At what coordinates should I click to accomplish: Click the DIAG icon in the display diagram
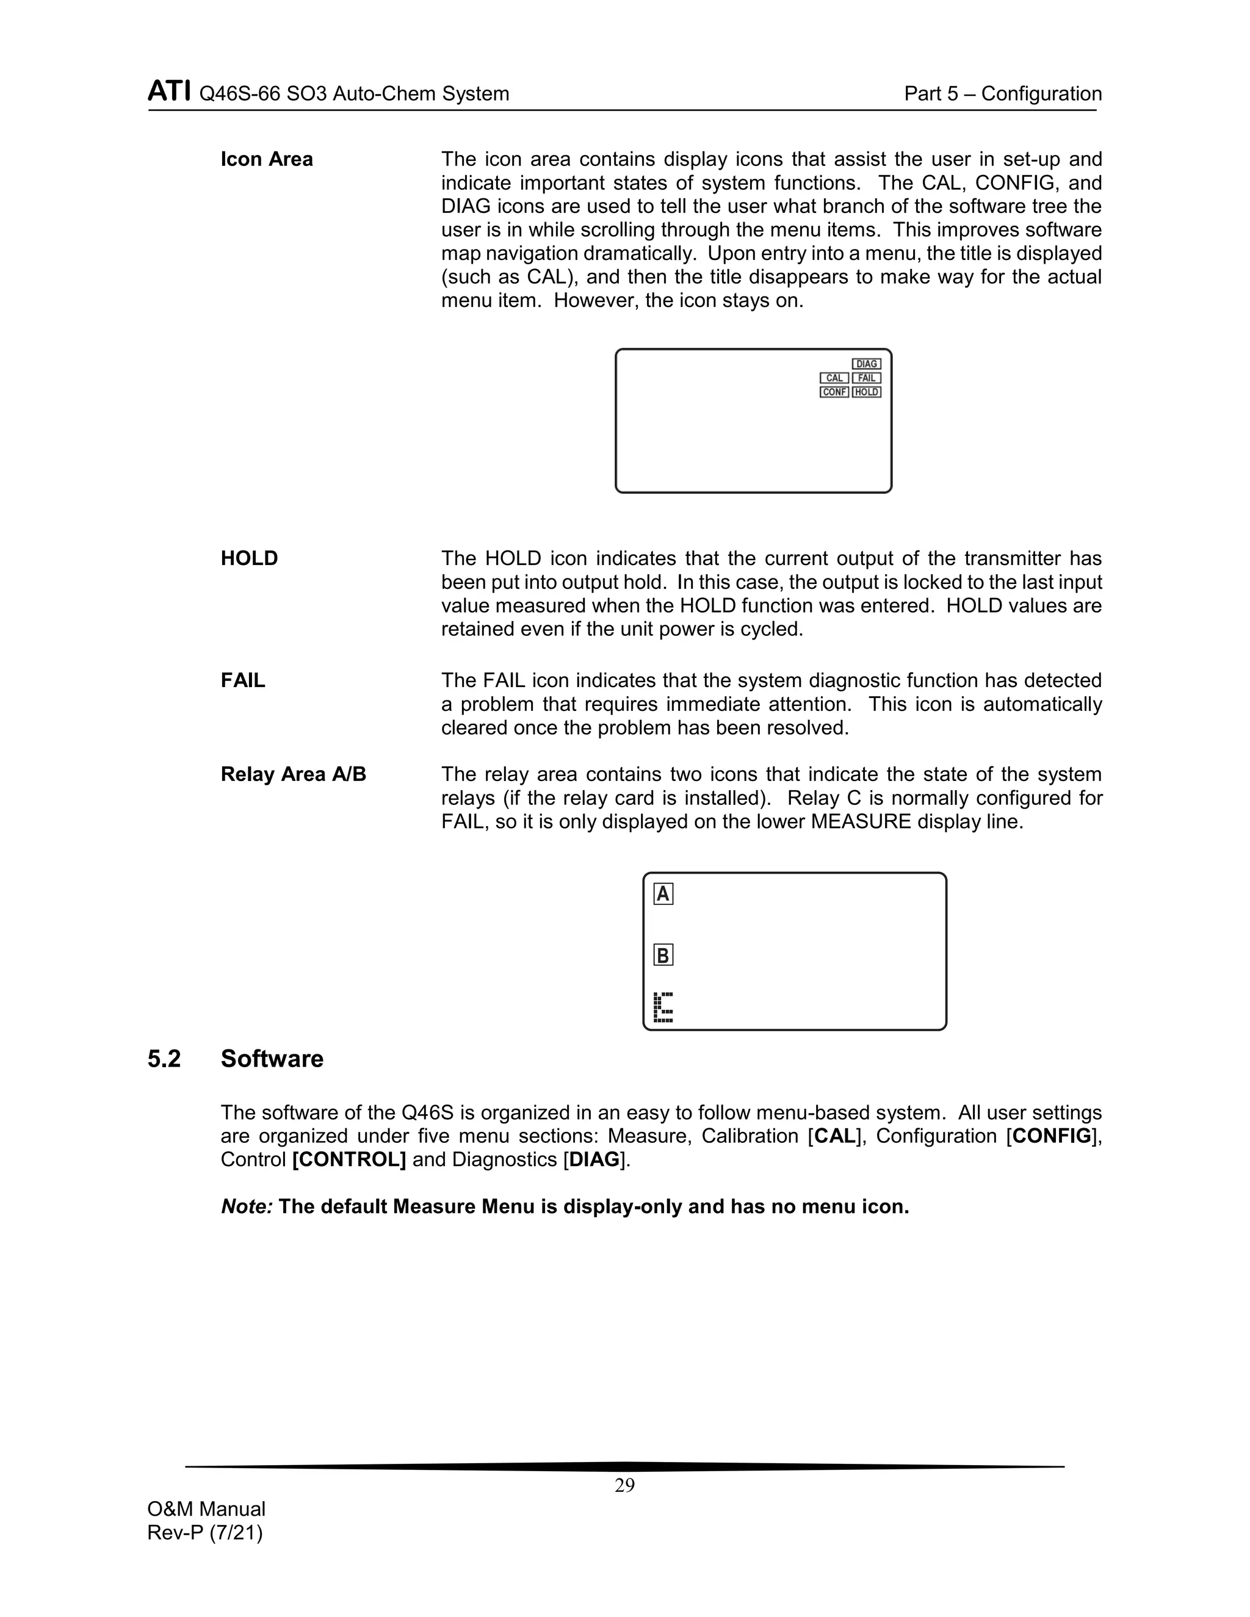tap(867, 364)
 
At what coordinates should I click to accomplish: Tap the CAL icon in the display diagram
tap(834, 378)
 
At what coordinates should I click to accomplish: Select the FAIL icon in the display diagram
tap(867, 378)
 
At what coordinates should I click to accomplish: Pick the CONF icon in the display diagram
tap(834, 392)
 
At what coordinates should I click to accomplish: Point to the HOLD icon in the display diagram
tap(867, 392)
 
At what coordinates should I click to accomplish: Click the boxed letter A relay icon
tap(663, 895)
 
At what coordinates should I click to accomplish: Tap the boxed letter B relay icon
tap(663, 955)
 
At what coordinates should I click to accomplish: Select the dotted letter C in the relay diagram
tap(663, 1007)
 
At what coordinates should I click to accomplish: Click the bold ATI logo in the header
tap(169, 92)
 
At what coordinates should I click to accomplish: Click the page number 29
tap(624, 1485)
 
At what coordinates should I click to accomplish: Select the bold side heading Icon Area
tap(267, 159)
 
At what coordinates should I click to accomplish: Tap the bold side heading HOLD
tap(249, 558)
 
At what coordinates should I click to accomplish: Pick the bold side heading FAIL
tap(242, 680)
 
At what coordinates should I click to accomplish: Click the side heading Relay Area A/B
tap(293, 774)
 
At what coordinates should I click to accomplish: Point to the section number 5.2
tap(164, 1059)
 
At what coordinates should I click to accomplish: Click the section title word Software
tap(272, 1059)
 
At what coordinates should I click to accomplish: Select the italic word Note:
tap(247, 1207)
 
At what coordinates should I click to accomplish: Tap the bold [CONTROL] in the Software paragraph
tap(349, 1159)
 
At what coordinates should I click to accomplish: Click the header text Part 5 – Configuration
tap(1003, 94)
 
